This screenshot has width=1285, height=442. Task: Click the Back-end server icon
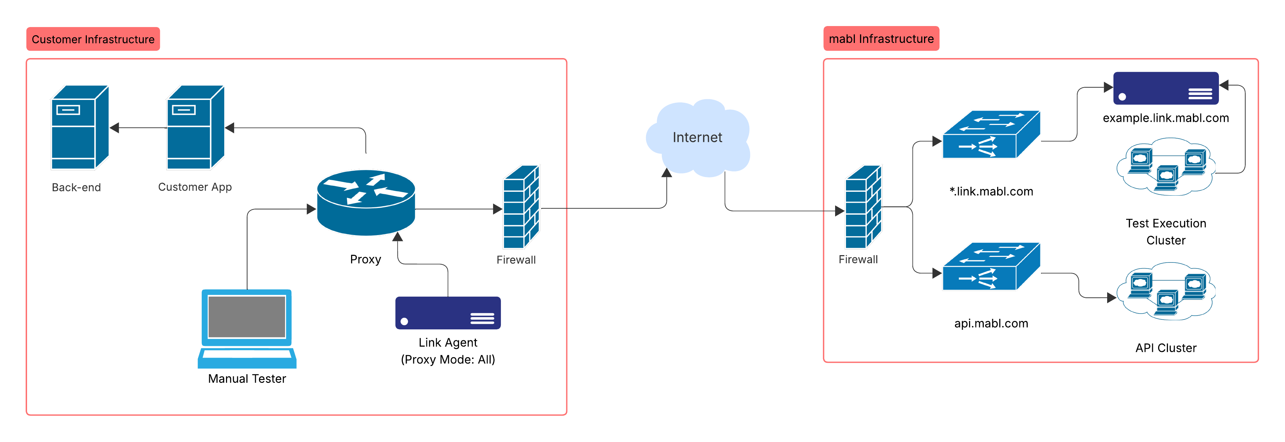(x=80, y=128)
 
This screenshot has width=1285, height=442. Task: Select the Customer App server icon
(x=195, y=128)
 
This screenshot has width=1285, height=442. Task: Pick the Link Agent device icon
(x=447, y=313)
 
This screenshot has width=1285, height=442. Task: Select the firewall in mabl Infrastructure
(x=863, y=207)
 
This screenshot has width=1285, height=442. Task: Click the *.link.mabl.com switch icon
(x=991, y=135)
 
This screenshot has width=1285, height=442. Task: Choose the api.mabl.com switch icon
(x=991, y=267)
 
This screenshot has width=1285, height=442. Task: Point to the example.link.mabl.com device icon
(x=1166, y=88)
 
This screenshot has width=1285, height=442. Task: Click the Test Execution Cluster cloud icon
(x=1166, y=167)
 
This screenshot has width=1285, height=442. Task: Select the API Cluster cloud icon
(x=1166, y=292)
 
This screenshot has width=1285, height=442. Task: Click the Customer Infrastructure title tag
(x=93, y=39)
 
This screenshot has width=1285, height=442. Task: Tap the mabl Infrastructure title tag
(x=881, y=38)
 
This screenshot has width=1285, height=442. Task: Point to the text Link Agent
(x=447, y=343)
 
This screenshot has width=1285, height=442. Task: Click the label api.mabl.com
(x=991, y=324)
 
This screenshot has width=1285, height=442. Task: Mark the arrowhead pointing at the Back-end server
(x=114, y=128)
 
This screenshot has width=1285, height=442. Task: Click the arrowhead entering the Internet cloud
(x=666, y=173)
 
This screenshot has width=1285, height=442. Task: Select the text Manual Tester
(x=247, y=379)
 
